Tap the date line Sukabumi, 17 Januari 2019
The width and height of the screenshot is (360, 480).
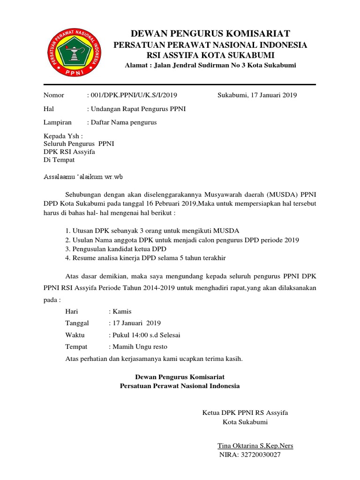pos(257,95)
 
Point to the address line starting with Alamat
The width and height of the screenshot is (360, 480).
pos(210,66)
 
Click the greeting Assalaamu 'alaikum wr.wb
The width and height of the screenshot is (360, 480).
pos(82,177)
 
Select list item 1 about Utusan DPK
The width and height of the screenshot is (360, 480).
pos(152,231)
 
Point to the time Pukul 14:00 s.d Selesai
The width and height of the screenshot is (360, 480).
pos(144,335)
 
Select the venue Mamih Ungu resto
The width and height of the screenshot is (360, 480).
pos(138,347)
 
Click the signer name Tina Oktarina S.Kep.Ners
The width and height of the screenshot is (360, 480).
pos(255,445)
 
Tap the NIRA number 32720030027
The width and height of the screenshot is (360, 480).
pos(250,455)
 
